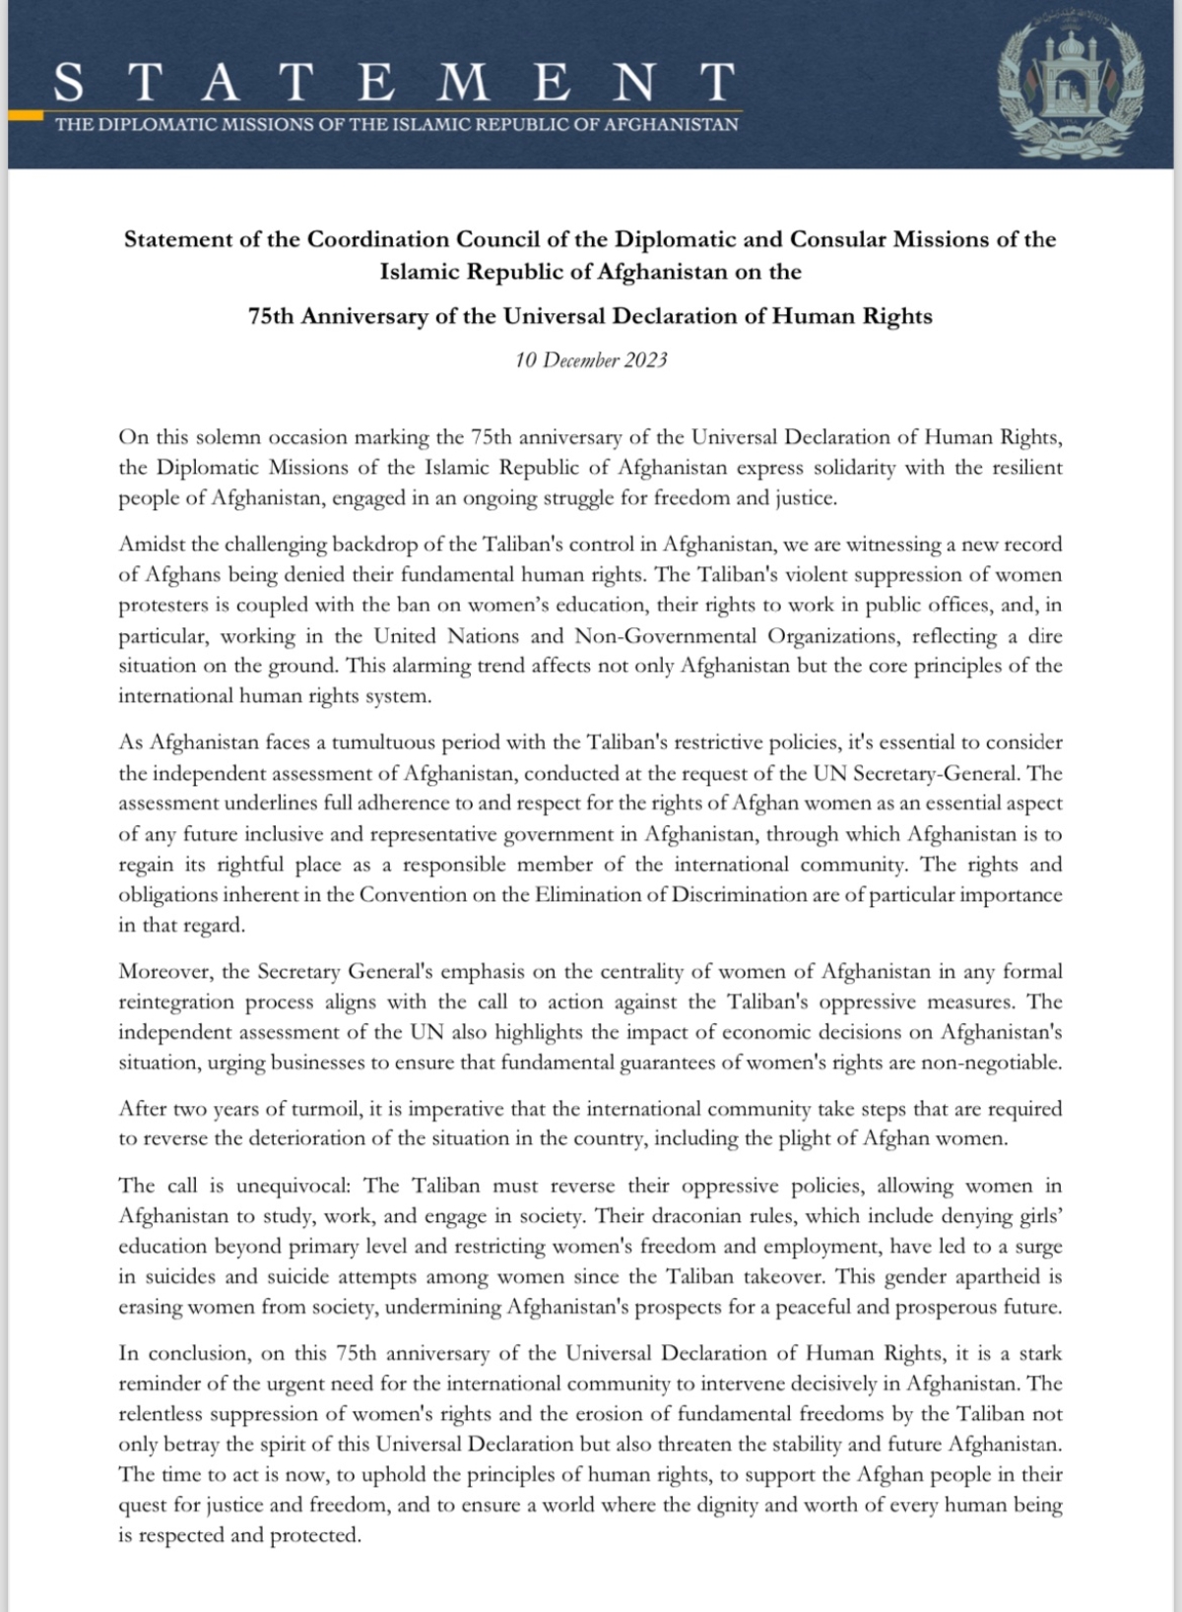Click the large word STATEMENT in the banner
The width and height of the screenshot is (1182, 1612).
pyautogui.click(x=394, y=83)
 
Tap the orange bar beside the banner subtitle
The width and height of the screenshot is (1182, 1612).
pyautogui.click(x=24, y=116)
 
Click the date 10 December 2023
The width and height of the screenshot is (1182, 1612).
pyautogui.click(x=591, y=360)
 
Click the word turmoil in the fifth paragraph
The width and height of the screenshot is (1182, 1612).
pyautogui.click(x=328, y=1110)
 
